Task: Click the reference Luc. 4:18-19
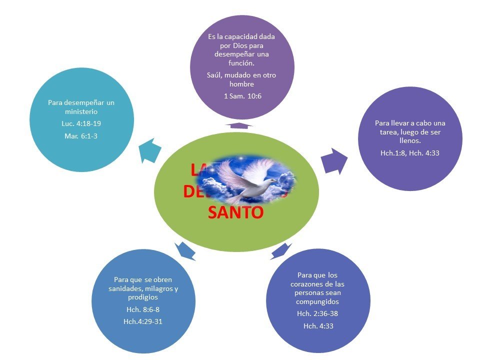pos(81,124)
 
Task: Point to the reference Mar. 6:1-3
pos(81,135)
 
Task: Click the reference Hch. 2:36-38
pos(317,313)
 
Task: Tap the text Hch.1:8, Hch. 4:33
pos(409,153)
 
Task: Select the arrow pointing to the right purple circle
pos(334,160)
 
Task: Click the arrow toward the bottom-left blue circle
pos(186,250)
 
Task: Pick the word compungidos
pos(317,302)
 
